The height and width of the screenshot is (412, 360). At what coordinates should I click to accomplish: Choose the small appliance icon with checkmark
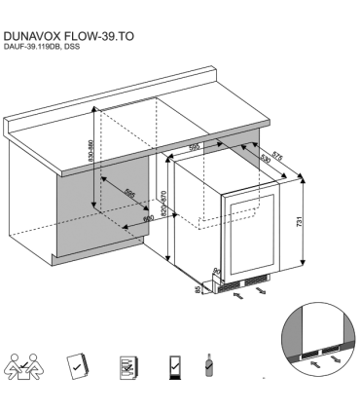(173, 368)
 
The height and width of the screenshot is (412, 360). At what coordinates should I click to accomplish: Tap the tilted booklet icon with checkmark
(79, 367)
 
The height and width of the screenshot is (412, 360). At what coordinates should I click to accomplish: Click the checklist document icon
(126, 367)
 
